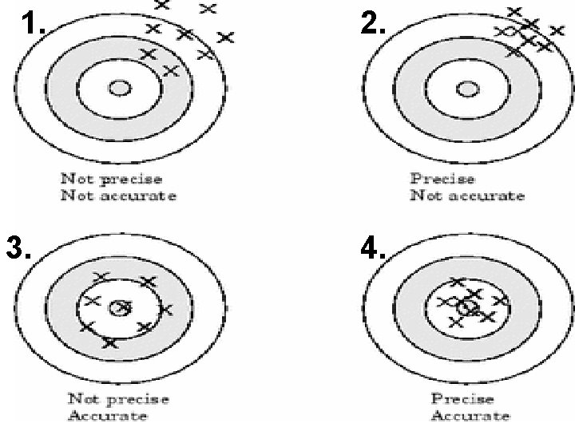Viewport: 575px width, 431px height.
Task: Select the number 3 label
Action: [x=18, y=250]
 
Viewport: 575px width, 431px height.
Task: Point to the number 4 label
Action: [x=373, y=250]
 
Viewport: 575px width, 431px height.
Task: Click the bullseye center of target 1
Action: [x=120, y=88]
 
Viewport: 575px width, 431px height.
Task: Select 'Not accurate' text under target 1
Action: [x=118, y=196]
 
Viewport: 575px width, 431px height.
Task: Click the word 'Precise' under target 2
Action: [x=442, y=179]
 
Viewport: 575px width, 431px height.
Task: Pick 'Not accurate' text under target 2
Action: [x=467, y=196]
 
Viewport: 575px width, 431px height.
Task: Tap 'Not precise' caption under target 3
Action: [x=117, y=399]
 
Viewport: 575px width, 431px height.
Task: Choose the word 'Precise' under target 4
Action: [x=462, y=399]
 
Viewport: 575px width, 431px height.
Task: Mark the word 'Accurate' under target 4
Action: [x=470, y=416]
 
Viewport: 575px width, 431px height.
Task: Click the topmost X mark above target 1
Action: [x=161, y=4]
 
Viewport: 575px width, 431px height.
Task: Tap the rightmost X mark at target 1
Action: [x=225, y=37]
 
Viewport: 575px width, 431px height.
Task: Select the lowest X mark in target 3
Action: [x=109, y=343]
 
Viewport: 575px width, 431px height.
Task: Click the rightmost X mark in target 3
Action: [x=165, y=309]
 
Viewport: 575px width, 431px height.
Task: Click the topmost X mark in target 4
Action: [x=457, y=281]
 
